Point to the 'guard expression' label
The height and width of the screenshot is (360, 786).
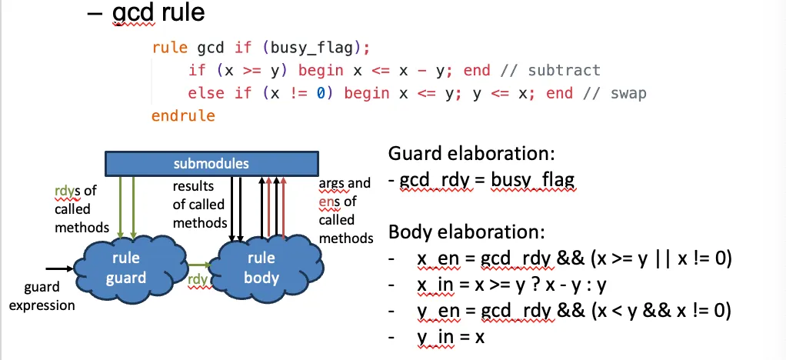[x=48, y=296]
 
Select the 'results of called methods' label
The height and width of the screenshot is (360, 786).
[x=198, y=205]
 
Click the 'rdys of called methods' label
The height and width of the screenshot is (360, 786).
[x=74, y=209]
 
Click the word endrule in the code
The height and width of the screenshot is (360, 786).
[x=183, y=116]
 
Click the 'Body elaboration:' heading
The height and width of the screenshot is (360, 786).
[x=466, y=232]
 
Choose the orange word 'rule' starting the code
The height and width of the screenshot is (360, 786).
[x=169, y=47]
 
